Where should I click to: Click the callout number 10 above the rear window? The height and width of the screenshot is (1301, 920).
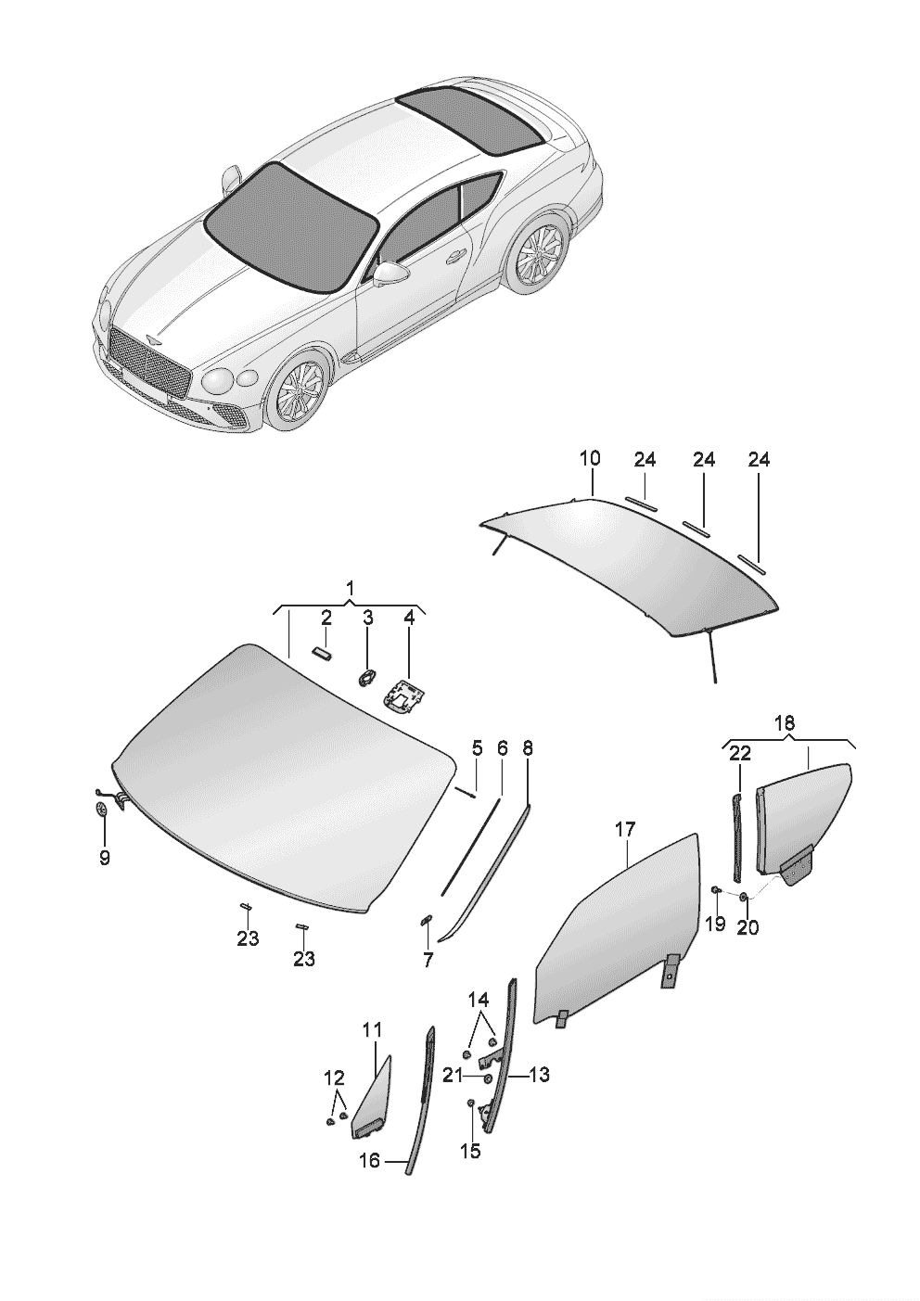[590, 458]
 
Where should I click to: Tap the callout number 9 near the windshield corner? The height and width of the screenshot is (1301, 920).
[104, 858]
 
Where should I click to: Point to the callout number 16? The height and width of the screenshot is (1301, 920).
[369, 1160]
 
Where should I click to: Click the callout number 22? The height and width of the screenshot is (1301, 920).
[739, 755]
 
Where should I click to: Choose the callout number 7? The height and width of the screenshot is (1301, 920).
[428, 961]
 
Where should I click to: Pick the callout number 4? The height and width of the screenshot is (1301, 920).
[408, 617]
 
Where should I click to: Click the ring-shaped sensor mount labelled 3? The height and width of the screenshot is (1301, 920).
[366, 677]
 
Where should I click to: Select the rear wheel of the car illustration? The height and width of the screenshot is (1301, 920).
[537, 255]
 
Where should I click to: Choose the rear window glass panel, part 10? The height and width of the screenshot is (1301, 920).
[631, 566]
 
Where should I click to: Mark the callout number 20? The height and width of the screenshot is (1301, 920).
[747, 926]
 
